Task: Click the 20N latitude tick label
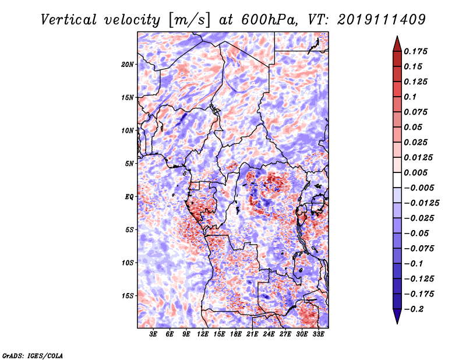click(x=128, y=65)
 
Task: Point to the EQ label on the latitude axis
click(x=129, y=197)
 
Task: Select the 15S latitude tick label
click(x=128, y=296)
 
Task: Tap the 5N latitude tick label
click(x=129, y=164)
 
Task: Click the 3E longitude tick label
click(x=153, y=334)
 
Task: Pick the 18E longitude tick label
click(x=236, y=334)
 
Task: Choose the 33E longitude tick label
click(x=318, y=334)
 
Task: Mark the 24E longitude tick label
click(x=269, y=334)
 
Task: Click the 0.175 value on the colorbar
click(x=415, y=52)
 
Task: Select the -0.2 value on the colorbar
click(x=414, y=309)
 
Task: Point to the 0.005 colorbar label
click(x=415, y=172)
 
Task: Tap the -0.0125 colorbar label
click(x=421, y=203)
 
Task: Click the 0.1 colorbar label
click(x=410, y=97)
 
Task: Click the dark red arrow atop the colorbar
click(x=397, y=44)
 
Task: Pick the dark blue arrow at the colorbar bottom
click(x=397, y=316)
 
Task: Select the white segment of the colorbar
click(x=397, y=180)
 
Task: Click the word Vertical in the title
click(x=69, y=20)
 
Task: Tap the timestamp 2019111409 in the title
click(x=382, y=20)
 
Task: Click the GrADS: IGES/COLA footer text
click(x=33, y=355)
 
